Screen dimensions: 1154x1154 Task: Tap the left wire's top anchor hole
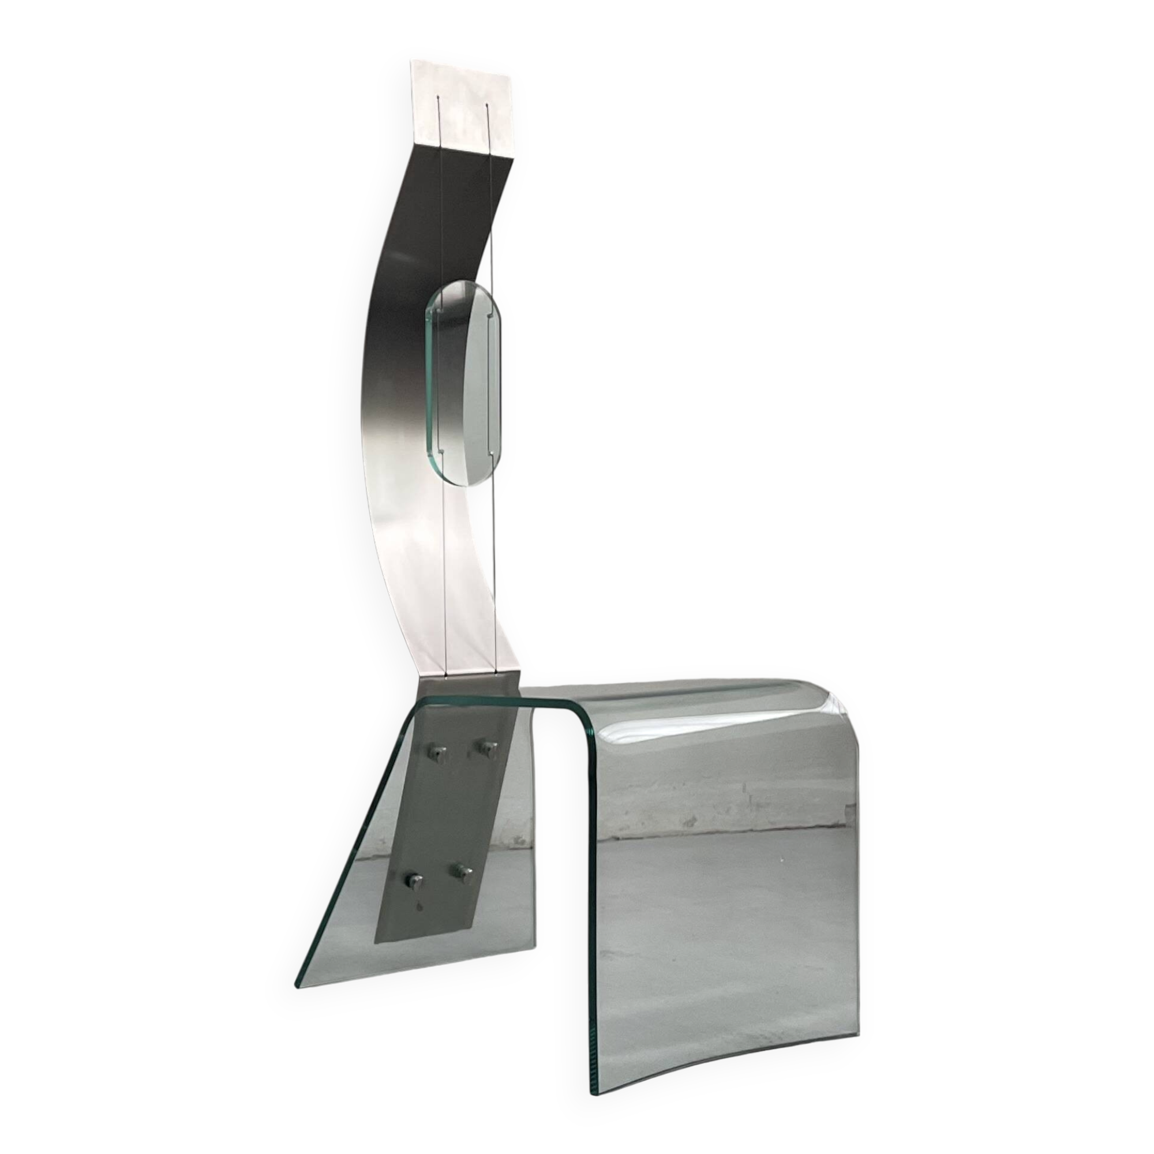point(440,97)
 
